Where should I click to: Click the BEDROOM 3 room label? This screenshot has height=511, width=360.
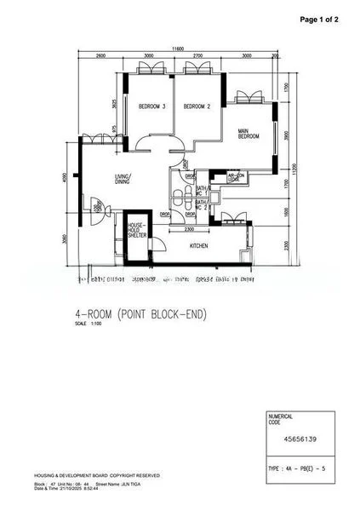point(151,106)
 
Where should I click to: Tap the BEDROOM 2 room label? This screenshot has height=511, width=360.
point(197,106)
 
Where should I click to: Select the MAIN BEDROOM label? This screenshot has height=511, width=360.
point(249,134)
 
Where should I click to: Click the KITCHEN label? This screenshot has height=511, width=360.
point(199,245)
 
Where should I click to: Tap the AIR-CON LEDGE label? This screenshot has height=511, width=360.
point(235,178)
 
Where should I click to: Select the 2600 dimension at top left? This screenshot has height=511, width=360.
point(100,56)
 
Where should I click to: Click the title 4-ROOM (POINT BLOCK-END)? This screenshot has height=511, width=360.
point(140,314)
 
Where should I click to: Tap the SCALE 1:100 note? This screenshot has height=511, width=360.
point(87,324)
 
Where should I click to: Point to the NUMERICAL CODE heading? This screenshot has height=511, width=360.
point(281,418)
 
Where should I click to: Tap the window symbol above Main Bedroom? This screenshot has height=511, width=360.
point(249,95)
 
